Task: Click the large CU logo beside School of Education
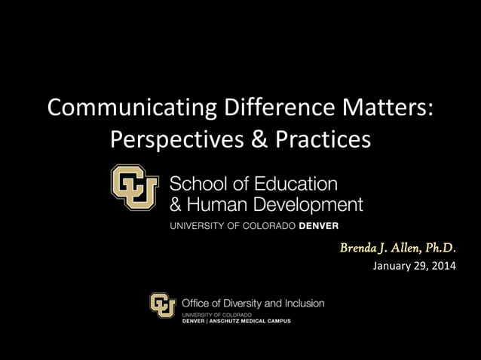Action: coord(135,187)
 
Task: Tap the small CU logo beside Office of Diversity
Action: coord(162,305)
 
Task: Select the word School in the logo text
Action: coord(195,183)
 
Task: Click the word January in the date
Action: coord(393,265)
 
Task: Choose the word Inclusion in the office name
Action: coord(302,303)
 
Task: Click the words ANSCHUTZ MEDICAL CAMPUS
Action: coord(252,320)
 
